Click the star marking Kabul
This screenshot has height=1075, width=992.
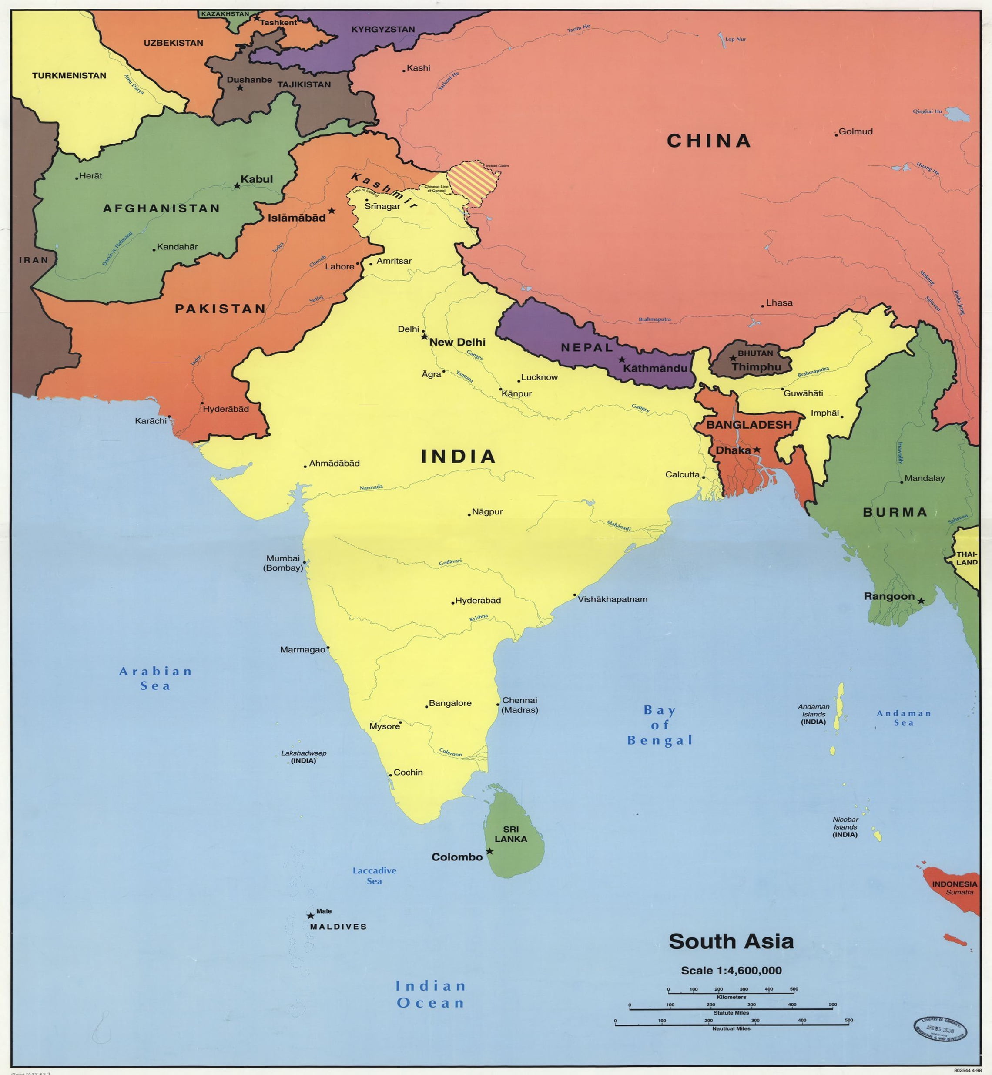pos(237,186)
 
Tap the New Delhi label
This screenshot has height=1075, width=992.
pos(457,342)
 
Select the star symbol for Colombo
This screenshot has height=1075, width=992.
pos(489,851)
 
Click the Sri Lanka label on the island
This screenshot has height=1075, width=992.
pos(510,834)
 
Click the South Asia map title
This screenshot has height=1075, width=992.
pos(731,941)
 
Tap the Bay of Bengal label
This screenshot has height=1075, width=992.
pos(660,725)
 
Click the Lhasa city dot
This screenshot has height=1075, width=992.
pos(762,306)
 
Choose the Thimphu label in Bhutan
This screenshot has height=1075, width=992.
pos(756,367)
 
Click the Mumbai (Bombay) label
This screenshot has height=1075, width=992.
pos(283,563)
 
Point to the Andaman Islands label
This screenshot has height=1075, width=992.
pos(813,714)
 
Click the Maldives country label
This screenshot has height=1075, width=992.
pos(338,927)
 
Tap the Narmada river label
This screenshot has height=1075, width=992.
pos(371,487)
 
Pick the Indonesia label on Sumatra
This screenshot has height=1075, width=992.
pos(955,884)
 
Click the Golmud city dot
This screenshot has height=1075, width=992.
pos(836,135)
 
